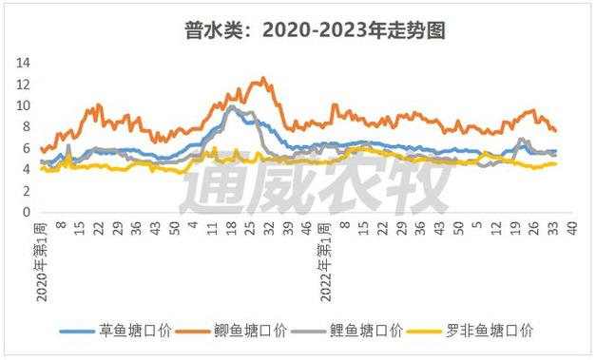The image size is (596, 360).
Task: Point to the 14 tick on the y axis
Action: (25, 63)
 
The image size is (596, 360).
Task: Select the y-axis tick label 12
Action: (25, 85)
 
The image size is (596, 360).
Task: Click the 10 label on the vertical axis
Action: (25, 105)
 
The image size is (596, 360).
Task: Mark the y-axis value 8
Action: (28, 127)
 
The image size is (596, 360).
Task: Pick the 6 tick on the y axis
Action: (28, 149)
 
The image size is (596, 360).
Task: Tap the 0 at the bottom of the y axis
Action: (28, 214)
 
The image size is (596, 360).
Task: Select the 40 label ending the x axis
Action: (572, 229)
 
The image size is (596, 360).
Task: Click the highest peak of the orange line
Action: (262, 79)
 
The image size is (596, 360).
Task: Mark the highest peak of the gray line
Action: (231, 105)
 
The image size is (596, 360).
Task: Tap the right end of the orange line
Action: (556, 131)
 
